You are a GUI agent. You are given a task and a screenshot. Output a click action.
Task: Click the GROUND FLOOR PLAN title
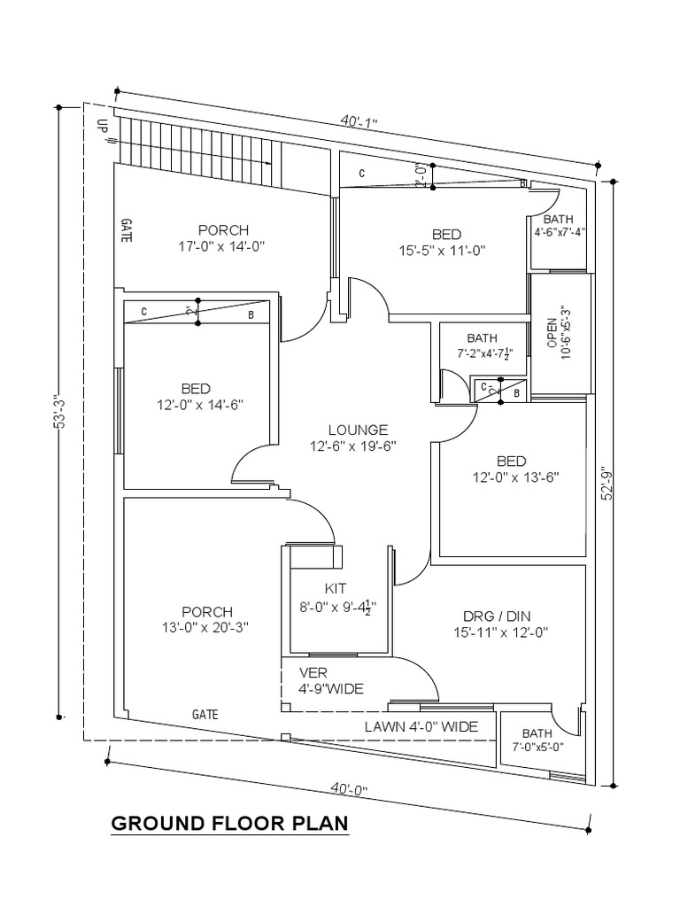pos(229,824)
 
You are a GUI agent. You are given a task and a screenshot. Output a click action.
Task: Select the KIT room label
pos(336,587)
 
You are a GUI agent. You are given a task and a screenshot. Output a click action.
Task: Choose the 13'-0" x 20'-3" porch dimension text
pos(207,627)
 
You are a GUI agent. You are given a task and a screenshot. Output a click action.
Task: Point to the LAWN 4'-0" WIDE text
pos(421,726)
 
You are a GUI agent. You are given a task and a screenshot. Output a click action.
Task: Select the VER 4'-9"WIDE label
pos(331,681)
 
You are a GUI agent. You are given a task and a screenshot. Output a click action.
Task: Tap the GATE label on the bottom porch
pos(205,714)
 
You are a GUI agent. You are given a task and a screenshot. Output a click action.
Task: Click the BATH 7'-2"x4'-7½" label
pos(483,345)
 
